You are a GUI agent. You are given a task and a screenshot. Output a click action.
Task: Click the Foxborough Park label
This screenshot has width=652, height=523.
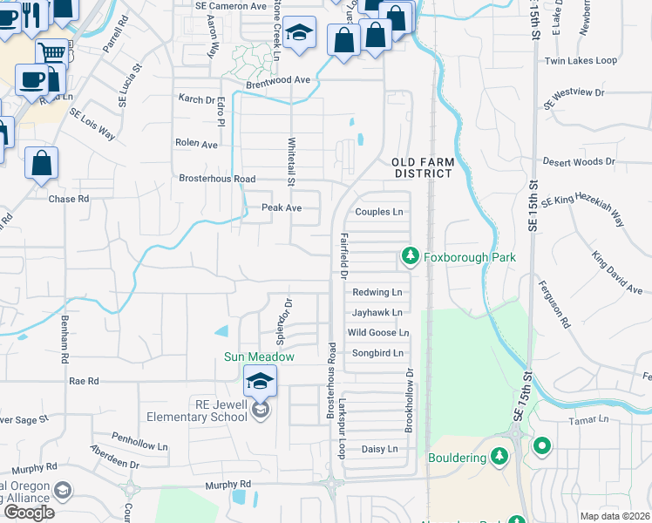tap(470, 257)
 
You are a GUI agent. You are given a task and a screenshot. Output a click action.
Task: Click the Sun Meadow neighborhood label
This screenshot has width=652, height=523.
tap(259, 357)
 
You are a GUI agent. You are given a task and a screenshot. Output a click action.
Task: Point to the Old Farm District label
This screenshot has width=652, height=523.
tap(422, 168)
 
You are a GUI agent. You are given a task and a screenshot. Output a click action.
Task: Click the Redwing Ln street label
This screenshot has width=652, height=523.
tap(377, 292)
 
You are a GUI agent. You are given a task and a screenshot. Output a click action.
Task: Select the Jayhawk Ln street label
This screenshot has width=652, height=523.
tap(377, 312)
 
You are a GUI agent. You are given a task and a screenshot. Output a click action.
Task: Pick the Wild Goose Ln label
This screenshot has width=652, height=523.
tap(378, 333)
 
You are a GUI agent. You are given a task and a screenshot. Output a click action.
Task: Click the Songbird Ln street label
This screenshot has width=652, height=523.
tap(377, 353)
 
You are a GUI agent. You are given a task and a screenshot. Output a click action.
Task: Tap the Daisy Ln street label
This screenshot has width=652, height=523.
tap(379, 449)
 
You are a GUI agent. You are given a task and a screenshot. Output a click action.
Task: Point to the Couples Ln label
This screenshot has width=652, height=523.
tap(379, 212)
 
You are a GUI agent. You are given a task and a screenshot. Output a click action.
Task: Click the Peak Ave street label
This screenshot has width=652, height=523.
tap(282, 208)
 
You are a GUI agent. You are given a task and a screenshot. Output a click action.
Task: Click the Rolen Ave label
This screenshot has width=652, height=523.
tap(196, 144)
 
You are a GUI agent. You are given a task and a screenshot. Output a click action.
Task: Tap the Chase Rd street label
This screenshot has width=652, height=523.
tap(69, 199)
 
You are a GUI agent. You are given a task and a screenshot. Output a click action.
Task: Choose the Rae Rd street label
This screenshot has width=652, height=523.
tap(85, 381)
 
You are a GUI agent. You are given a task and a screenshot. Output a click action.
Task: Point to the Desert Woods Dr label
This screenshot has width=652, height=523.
tap(579, 162)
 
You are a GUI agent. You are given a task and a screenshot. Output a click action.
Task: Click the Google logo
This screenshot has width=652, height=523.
tap(29, 512)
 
